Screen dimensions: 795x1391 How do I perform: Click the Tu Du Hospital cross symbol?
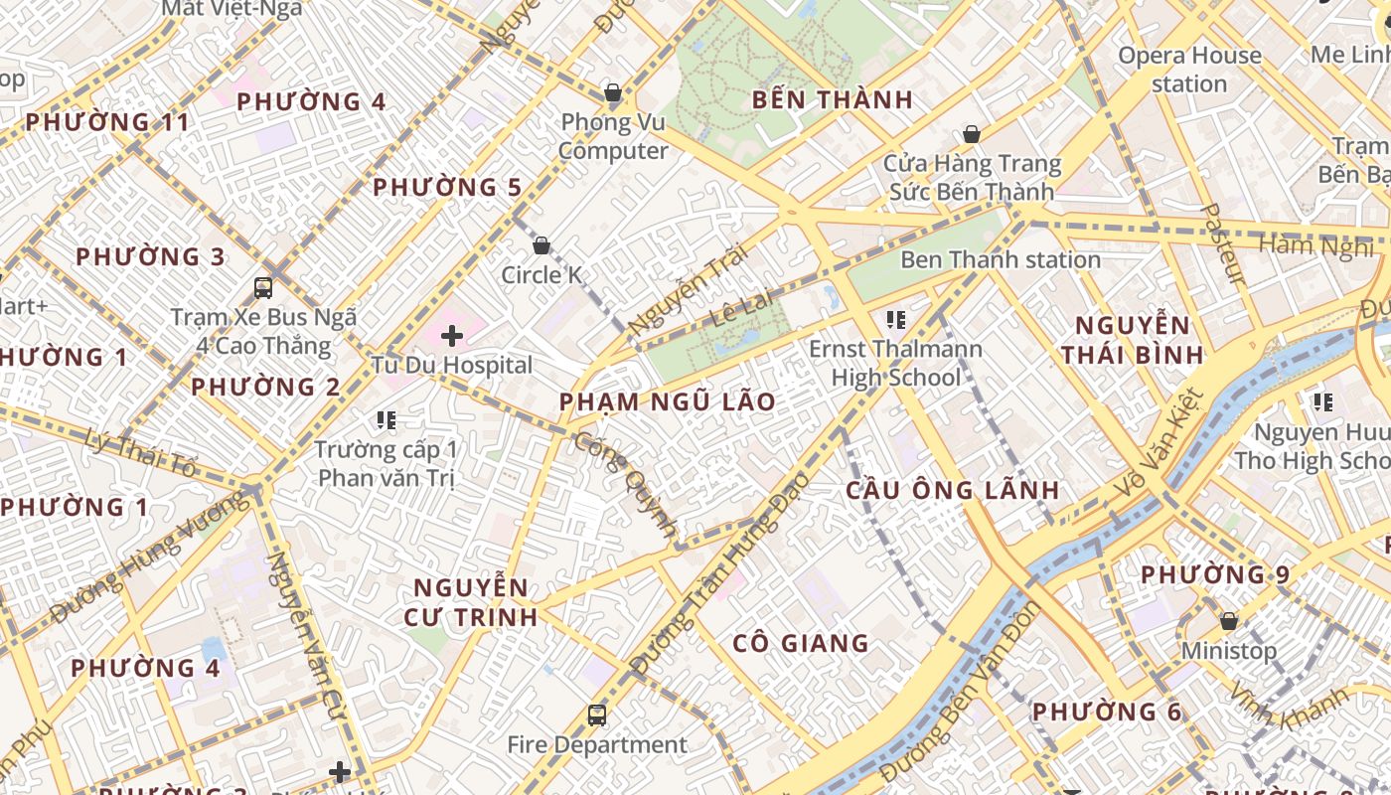(x=452, y=336)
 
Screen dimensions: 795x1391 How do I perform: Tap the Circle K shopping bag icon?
(x=541, y=245)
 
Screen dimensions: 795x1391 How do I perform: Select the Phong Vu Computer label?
(x=613, y=136)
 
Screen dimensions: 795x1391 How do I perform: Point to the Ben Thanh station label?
(x=1001, y=260)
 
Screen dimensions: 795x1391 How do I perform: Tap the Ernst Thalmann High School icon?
(x=896, y=320)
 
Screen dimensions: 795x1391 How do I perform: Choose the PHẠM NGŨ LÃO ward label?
(x=667, y=402)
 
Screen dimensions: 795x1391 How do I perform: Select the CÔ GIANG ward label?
(x=801, y=644)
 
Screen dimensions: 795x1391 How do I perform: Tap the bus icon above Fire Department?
(x=597, y=715)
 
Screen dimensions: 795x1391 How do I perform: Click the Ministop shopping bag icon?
(x=1229, y=622)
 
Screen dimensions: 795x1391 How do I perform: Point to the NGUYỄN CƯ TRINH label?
(x=471, y=602)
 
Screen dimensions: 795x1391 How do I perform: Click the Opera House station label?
(x=1189, y=70)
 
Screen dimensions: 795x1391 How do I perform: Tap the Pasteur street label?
(x=1223, y=243)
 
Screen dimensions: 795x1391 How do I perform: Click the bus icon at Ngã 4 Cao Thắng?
(x=263, y=288)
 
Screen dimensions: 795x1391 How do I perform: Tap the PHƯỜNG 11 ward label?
(x=107, y=122)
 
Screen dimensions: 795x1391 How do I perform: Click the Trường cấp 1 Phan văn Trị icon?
(x=386, y=420)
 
